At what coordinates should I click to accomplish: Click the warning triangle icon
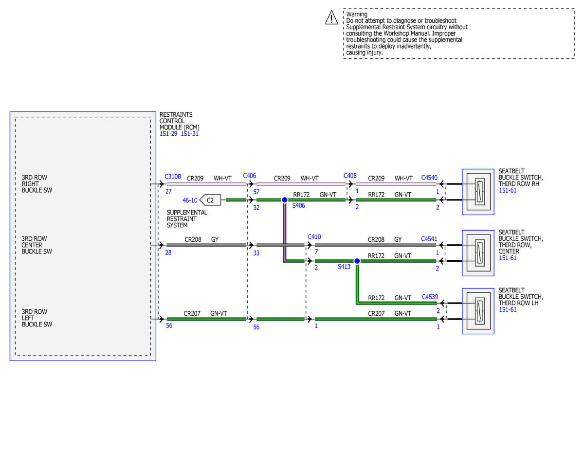click(x=331, y=18)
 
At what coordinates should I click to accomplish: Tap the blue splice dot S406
click(x=284, y=200)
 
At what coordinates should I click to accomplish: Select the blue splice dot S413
click(x=357, y=261)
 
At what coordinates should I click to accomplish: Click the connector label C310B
click(x=173, y=177)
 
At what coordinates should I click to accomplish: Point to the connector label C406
click(x=249, y=176)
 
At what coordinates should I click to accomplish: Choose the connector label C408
click(x=350, y=176)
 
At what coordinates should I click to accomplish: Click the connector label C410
click(x=314, y=236)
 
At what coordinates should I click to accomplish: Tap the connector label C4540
click(x=429, y=178)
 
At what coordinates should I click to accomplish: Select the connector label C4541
click(x=429, y=239)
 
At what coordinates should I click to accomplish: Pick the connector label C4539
click(x=430, y=297)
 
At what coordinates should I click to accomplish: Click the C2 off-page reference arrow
click(x=210, y=200)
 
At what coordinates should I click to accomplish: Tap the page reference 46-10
click(x=190, y=200)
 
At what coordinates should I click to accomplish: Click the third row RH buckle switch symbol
click(x=478, y=192)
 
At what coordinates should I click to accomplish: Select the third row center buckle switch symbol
click(x=478, y=253)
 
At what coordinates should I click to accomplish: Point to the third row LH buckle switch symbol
click(x=478, y=311)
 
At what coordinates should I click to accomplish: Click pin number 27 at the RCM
click(x=168, y=191)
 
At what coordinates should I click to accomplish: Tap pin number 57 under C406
click(x=256, y=192)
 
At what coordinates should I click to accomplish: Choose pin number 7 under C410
click(x=316, y=252)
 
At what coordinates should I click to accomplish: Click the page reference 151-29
click(x=168, y=134)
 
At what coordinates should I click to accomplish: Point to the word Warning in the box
click(x=357, y=14)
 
